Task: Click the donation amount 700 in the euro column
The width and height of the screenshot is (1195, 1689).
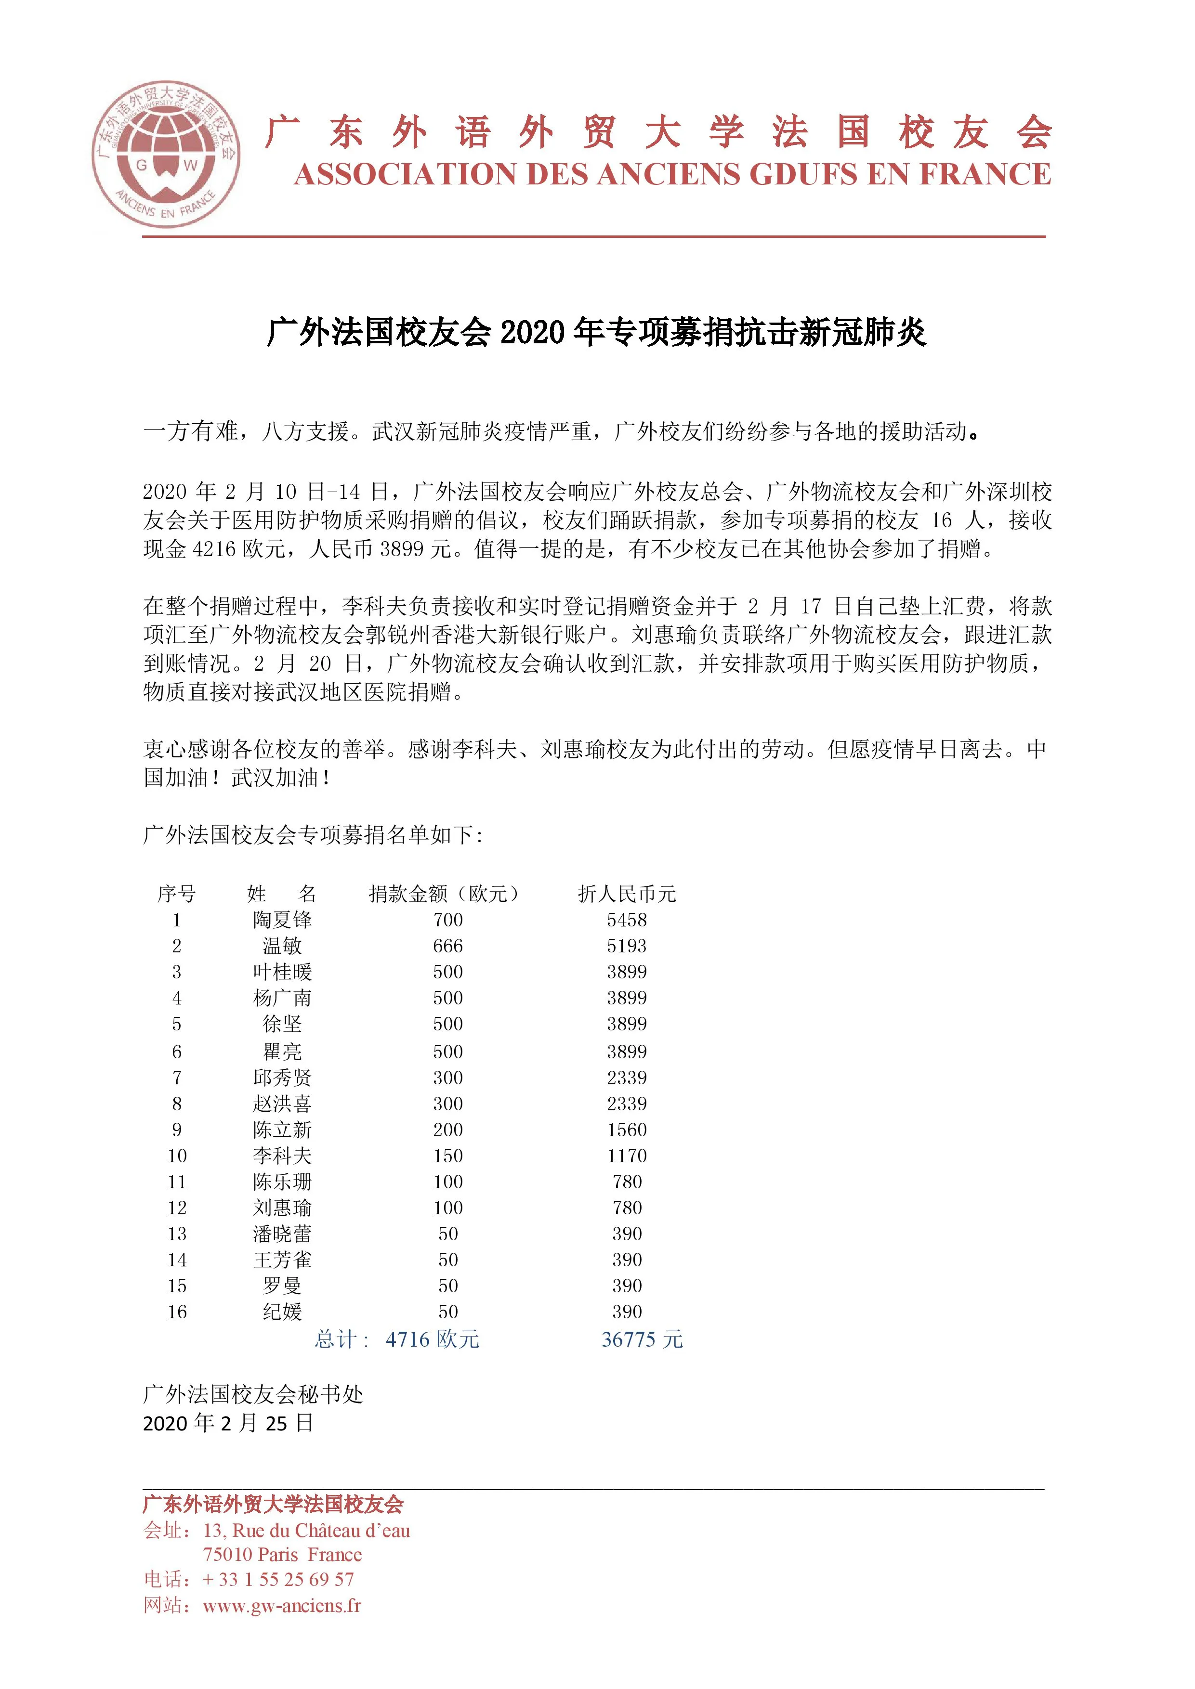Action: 447,920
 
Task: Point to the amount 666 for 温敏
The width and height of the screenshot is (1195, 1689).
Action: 447,946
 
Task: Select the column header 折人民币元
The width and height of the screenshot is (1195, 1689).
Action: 626,894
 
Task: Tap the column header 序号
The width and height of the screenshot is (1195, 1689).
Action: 177,894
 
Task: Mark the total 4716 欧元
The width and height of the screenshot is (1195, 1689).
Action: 433,1339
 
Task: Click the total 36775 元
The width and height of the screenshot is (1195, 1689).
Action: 642,1339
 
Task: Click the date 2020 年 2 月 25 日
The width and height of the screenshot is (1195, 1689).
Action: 228,1423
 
